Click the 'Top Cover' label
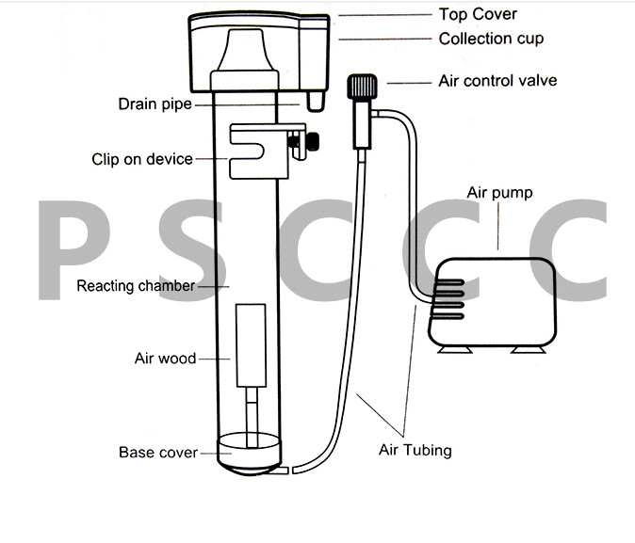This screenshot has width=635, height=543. click(x=478, y=14)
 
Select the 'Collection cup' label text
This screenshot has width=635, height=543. click(x=491, y=39)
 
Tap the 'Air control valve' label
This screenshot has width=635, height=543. click(x=497, y=81)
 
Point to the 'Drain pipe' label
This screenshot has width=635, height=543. click(x=155, y=104)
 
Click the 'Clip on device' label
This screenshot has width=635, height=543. click(x=142, y=159)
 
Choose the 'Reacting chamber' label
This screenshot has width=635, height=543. click(x=136, y=286)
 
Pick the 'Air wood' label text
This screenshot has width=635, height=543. click(x=165, y=359)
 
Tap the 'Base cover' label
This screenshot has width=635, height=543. click(x=158, y=453)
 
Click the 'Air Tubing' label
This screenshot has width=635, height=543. click(x=415, y=450)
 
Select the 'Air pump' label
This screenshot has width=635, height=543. click(x=499, y=193)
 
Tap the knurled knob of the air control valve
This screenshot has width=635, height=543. click(x=359, y=89)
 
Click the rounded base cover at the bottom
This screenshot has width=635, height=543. click(x=250, y=455)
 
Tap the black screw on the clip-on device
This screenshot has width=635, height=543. click(x=306, y=143)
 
